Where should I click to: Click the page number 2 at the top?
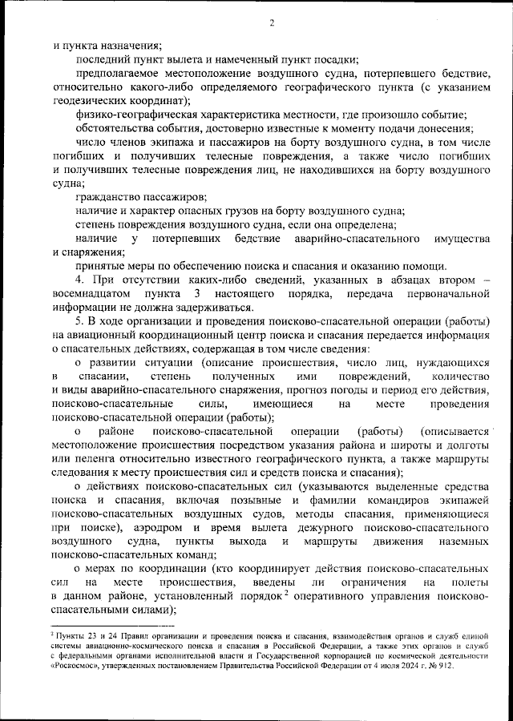click(x=272, y=22)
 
